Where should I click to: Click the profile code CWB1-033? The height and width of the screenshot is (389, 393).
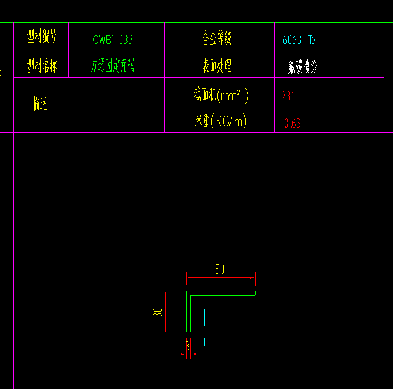click(x=113, y=40)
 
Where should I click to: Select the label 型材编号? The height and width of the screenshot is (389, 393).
click(x=42, y=38)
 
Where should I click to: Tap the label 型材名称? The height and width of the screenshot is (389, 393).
click(x=42, y=66)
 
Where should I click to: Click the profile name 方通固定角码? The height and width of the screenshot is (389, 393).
click(x=113, y=66)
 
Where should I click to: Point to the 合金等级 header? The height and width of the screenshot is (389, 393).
click(x=216, y=38)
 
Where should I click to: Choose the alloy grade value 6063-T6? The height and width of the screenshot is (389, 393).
click(x=299, y=40)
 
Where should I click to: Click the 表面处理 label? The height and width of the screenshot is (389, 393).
click(x=216, y=66)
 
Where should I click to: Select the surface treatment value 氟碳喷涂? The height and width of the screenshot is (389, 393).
click(x=303, y=68)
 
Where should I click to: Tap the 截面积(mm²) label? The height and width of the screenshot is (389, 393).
click(x=221, y=94)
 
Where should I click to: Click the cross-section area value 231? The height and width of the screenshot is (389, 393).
click(x=288, y=96)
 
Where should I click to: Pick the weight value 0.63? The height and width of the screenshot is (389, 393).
click(x=292, y=123)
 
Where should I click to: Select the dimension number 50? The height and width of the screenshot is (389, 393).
click(x=220, y=269)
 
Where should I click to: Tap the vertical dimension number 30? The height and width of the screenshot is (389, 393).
click(x=158, y=312)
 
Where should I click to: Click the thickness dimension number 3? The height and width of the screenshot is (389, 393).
click(x=188, y=346)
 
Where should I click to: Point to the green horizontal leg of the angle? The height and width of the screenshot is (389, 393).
click(x=223, y=293)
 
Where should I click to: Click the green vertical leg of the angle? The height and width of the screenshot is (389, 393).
click(x=188, y=315)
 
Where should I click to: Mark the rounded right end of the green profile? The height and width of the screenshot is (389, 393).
click(x=254, y=293)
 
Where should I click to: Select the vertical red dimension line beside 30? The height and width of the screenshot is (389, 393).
click(x=166, y=312)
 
